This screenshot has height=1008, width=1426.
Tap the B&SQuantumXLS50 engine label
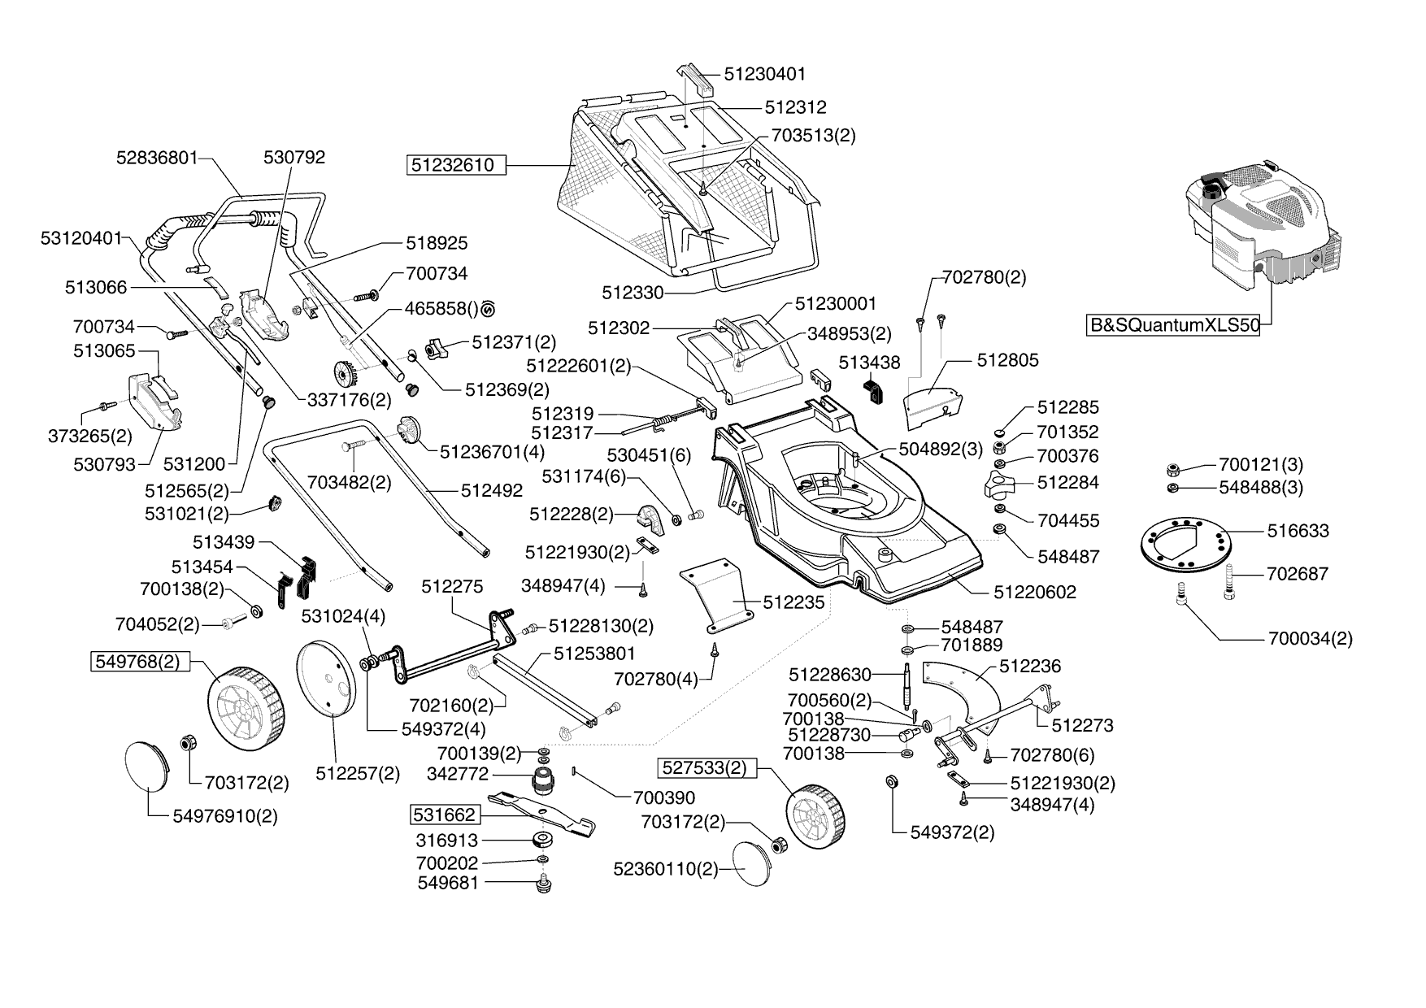click(x=1174, y=326)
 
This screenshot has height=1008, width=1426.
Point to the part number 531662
click(x=444, y=815)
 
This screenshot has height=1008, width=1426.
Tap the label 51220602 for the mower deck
click(x=1034, y=593)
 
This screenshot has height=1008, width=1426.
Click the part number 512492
click(x=491, y=491)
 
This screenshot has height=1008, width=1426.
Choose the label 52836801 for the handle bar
click(x=157, y=158)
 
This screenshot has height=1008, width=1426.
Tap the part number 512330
click(x=633, y=292)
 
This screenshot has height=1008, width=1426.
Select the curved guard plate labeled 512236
click(x=965, y=691)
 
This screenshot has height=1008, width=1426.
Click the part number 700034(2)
click(x=1310, y=639)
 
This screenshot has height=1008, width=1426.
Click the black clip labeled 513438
click(x=875, y=389)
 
